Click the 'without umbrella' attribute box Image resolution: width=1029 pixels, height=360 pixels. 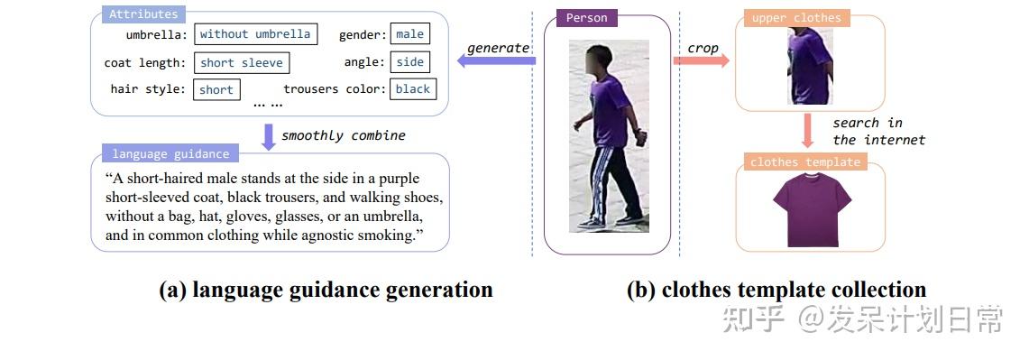(255, 34)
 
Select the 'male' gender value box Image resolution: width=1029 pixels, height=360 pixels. (409, 34)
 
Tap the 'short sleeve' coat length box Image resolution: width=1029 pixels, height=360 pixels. (242, 62)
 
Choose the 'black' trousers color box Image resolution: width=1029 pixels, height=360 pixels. (413, 88)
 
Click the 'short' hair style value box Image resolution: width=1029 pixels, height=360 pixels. (216, 89)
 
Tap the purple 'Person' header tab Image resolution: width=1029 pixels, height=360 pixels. (587, 17)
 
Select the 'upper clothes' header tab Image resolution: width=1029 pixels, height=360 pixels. (795, 17)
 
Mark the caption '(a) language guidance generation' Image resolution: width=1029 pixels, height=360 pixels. (326, 290)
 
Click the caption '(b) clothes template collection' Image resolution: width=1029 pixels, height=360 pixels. (776, 290)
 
